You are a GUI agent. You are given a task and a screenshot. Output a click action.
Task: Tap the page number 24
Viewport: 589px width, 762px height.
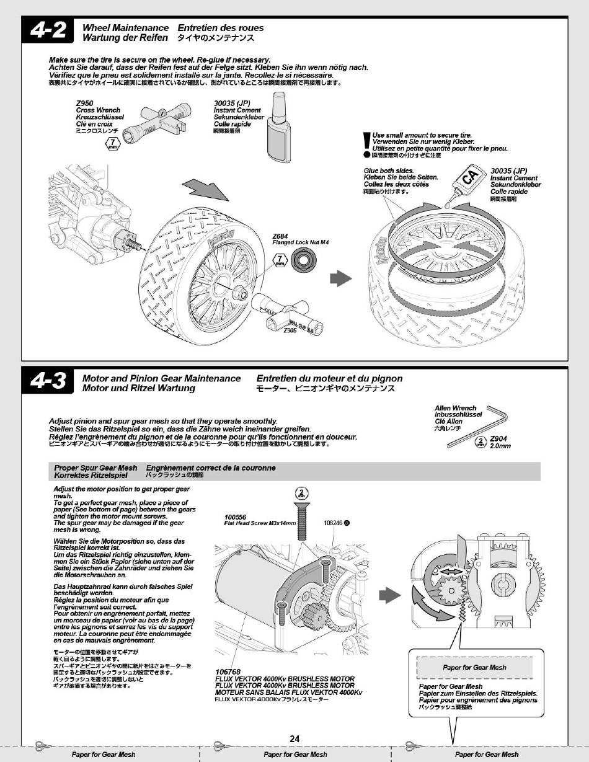294,738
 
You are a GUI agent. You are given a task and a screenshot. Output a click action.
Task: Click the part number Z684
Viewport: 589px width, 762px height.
280,236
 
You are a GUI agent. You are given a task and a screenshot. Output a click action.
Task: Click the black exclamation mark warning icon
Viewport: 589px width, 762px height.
367,143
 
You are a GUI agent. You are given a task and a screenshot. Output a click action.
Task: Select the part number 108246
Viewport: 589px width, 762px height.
334,522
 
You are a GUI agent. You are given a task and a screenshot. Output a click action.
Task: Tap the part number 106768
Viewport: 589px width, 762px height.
228,672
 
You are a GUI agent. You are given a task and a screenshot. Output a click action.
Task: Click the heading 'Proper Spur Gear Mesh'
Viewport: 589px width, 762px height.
95,467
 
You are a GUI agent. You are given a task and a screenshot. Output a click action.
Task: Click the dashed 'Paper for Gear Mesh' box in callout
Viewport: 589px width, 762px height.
475,667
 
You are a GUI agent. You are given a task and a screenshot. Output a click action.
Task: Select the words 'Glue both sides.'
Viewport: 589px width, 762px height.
388,171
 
